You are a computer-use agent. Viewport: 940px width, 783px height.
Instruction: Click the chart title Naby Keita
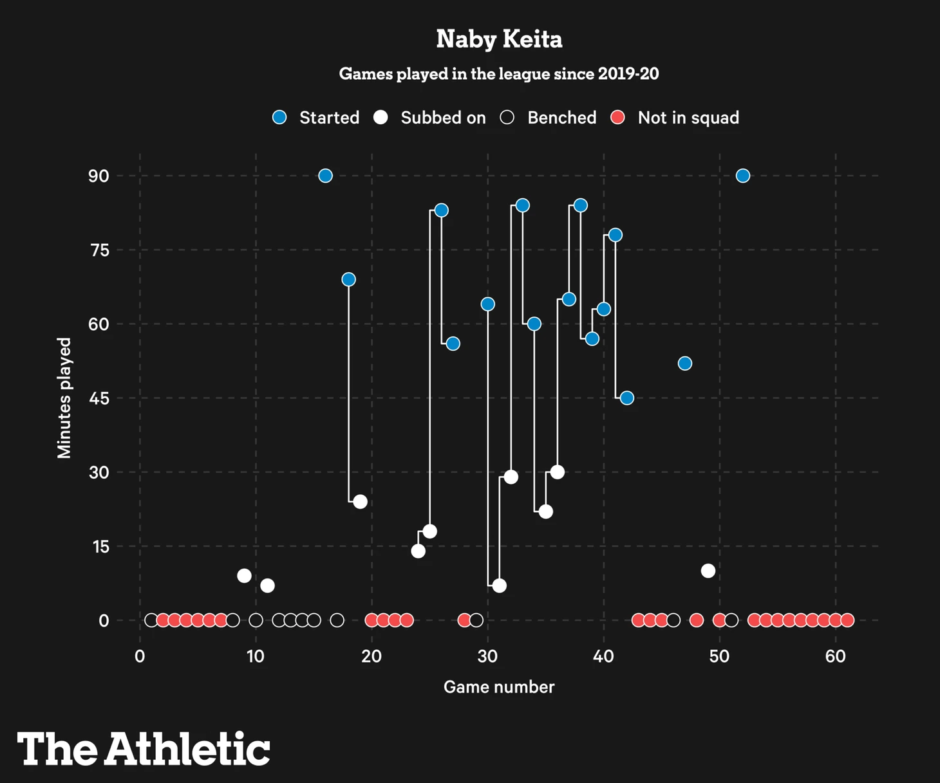[499, 39]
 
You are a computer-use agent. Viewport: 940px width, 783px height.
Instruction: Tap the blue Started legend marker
[279, 117]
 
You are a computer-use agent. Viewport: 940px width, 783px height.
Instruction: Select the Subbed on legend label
[443, 118]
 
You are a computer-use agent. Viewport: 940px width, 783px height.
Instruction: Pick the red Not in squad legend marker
[617, 117]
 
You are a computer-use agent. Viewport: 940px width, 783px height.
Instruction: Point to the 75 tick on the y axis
[99, 250]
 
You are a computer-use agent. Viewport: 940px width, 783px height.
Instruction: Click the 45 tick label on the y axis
[99, 398]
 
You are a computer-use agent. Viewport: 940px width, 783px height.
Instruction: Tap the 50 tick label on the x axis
[719, 657]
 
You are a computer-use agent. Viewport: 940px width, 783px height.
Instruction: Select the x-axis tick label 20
[371, 657]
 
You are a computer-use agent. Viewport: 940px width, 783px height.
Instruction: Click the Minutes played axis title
[64, 398]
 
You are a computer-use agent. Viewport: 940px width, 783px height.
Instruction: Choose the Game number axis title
[499, 687]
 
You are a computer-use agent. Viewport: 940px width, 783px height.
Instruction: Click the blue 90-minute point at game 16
[325, 176]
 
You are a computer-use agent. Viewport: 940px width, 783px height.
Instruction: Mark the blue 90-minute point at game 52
[743, 176]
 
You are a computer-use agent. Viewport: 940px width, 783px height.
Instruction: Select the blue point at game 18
[348, 279]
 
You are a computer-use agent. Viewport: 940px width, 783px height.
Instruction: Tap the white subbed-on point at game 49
[708, 571]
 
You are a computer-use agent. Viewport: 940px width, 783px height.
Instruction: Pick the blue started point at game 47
[685, 364]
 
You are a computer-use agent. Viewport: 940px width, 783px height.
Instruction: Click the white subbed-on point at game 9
[244, 576]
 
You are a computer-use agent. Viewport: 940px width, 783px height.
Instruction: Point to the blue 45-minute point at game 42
[627, 398]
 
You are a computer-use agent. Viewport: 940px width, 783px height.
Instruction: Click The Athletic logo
[144, 749]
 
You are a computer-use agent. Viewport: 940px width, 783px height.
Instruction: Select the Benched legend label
[561, 118]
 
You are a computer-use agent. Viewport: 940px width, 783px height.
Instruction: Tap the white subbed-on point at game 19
[360, 502]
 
